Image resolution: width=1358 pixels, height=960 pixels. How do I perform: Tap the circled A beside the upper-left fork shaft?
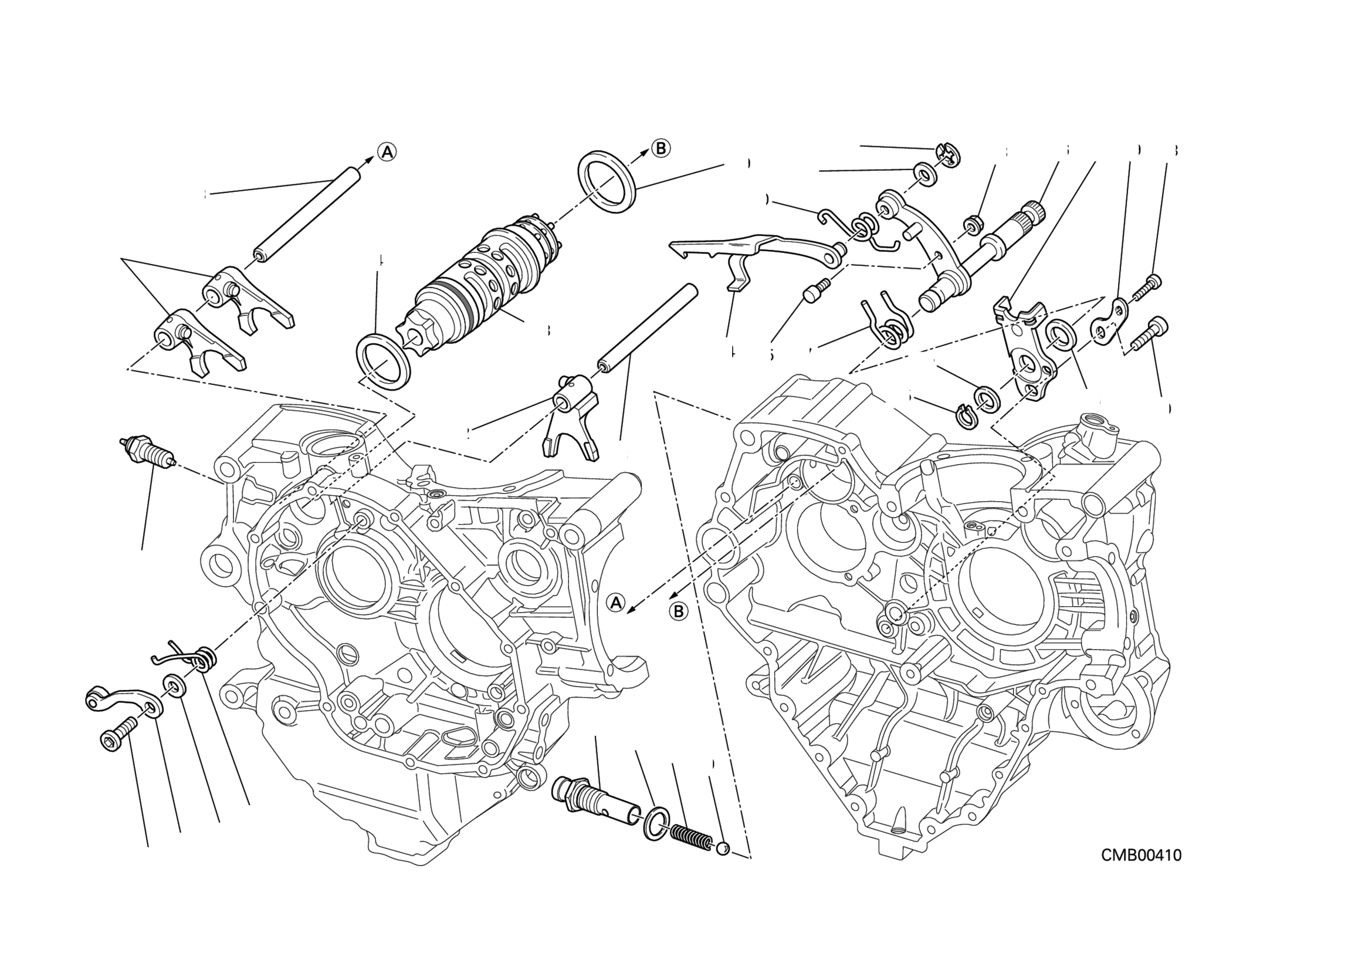(387, 152)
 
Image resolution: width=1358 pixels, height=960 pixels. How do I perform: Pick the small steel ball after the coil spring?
(722, 850)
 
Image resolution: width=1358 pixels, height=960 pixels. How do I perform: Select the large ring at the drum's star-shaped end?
(384, 362)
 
